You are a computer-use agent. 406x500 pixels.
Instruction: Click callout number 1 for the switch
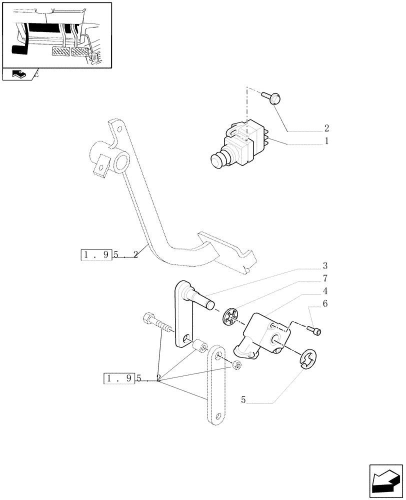(x=326, y=141)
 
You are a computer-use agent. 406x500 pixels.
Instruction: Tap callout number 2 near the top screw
(x=326, y=127)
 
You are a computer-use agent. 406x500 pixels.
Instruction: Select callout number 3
(x=324, y=265)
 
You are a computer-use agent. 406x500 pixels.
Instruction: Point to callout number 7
(x=324, y=278)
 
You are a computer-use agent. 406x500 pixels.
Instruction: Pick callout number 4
(x=324, y=290)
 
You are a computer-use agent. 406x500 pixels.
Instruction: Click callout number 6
(x=324, y=303)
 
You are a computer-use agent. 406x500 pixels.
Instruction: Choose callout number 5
(x=243, y=400)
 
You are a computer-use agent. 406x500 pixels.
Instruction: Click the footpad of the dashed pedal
(x=227, y=250)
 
